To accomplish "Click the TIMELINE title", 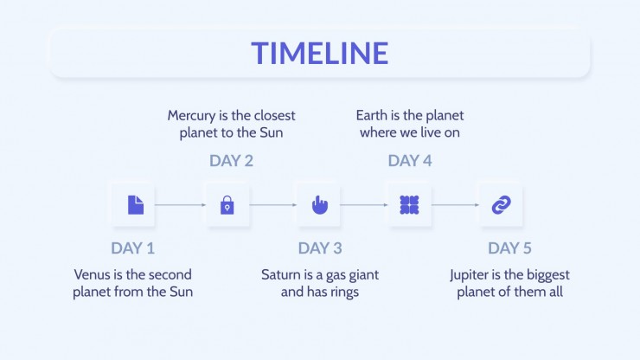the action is pyautogui.click(x=320, y=53).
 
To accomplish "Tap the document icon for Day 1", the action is pyautogui.click(x=136, y=205).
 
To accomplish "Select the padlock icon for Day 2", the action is pyautogui.click(x=227, y=205).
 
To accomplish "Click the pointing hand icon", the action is pyautogui.click(x=320, y=205).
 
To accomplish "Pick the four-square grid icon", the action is pyautogui.click(x=409, y=205).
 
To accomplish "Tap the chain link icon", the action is pyautogui.click(x=502, y=205).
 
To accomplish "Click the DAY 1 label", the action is pyautogui.click(x=132, y=248).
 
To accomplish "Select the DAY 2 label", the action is pyautogui.click(x=231, y=161).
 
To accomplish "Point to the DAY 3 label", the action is pyautogui.click(x=320, y=248).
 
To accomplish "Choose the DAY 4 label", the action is pyautogui.click(x=410, y=161).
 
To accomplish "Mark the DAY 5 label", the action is pyautogui.click(x=509, y=248).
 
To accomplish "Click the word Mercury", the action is pyautogui.click(x=191, y=116).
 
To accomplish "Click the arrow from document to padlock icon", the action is pyautogui.click(x=181, y=205).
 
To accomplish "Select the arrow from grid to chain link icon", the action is pyautogui.click(x=456, y=205).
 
